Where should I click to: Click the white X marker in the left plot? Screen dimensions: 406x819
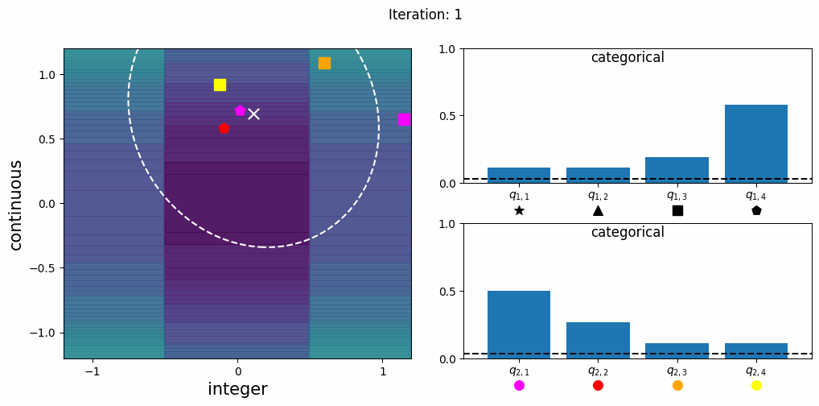click(x=253, y=114)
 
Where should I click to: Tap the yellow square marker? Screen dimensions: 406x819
click(x=220, y=85)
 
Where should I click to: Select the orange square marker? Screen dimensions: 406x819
click(x=324, y=63)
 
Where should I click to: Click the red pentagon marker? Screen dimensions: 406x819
click(x=224, y=128)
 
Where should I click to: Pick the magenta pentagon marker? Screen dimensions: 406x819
click(x=240, y=110)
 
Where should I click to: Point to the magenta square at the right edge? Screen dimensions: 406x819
click(x=404, y=119)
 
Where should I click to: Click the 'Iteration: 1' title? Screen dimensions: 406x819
click(x=425, y=14)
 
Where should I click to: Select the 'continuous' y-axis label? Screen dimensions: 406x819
click(x=16, y=204)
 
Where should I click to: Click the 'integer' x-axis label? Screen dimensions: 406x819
click(x=237, y=389)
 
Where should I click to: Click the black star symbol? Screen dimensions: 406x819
click(x=519, y=210)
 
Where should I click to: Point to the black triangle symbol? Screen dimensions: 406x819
click(x=598, y=210)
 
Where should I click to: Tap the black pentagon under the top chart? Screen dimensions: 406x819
click(x=756, y=210)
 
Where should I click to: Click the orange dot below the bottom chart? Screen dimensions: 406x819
click(x=677, y=385)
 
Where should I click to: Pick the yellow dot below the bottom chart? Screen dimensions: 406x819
click(x=756, y=385)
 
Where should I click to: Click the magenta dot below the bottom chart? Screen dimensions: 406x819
click(x=519, y=385)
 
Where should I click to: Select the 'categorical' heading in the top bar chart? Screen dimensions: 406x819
click(x=628, y=58)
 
